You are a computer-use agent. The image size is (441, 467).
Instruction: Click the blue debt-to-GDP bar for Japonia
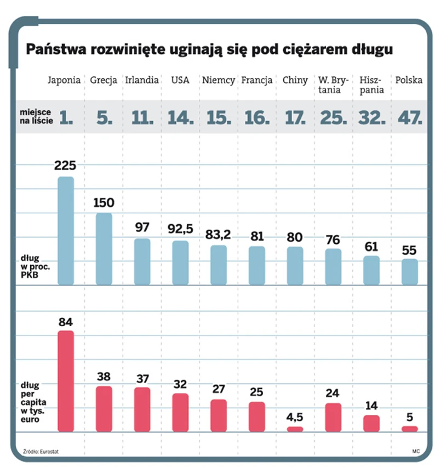pos(66,230)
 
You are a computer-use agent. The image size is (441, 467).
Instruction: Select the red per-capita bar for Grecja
pos(104,409)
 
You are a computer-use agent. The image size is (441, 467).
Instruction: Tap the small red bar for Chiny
pos(295,429)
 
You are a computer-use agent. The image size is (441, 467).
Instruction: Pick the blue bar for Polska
pos(409,272)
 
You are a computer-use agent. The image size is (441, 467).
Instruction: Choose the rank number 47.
pos(409,117)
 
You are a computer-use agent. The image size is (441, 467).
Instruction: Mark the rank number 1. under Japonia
pos(66,117)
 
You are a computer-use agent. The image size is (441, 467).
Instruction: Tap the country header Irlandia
pos(142,80)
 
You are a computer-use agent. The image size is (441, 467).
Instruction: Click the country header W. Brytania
pos(333,85)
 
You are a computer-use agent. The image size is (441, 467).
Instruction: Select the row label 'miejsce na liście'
pos(37,117)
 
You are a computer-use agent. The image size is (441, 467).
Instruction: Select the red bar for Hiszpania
pos(371,423)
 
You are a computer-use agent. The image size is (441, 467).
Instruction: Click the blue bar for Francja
pos(257,265)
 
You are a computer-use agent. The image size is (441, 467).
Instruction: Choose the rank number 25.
pos(333,117)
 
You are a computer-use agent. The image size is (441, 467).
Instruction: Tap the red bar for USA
pos(180,412)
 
